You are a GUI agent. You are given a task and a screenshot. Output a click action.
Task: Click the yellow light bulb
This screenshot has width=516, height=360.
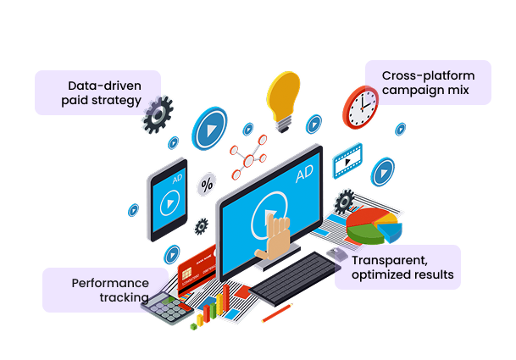[283, 98]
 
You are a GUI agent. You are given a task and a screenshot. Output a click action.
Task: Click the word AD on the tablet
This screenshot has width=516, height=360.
[177, 180]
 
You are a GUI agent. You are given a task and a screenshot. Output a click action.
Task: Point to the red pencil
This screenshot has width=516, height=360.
[277, 314]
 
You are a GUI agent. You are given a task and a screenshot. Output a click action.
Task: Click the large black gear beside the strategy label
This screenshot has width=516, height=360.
[158, 116]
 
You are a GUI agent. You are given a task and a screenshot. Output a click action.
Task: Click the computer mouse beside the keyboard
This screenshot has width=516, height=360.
[336, 254]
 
